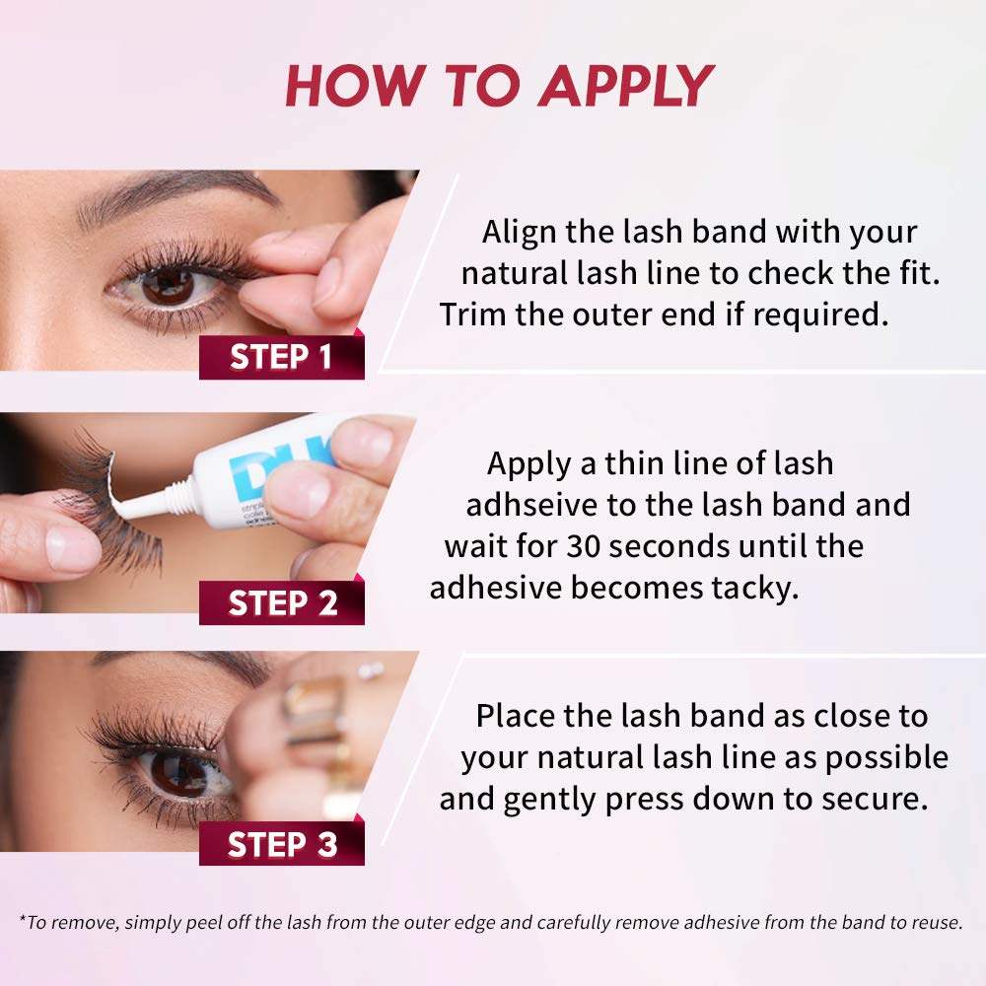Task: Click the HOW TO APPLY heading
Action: pos(498,87)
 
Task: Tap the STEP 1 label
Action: pos(281,357)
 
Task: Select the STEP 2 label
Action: pos(282,602)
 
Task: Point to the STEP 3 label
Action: pos(281,845)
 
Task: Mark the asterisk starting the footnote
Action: pos(22,920)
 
